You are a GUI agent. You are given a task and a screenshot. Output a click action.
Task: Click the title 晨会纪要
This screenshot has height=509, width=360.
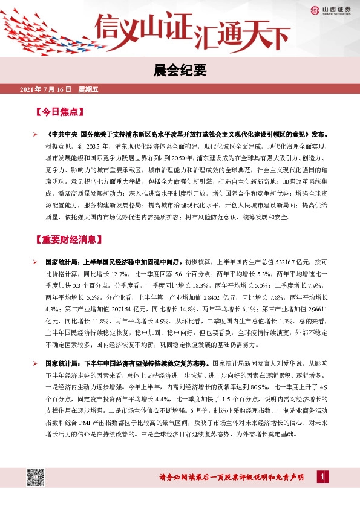(180, 71)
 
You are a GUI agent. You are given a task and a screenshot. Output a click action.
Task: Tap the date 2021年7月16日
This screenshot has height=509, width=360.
(46, 90)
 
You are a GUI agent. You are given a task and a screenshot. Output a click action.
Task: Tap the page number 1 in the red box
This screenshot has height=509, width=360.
(327, 478)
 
